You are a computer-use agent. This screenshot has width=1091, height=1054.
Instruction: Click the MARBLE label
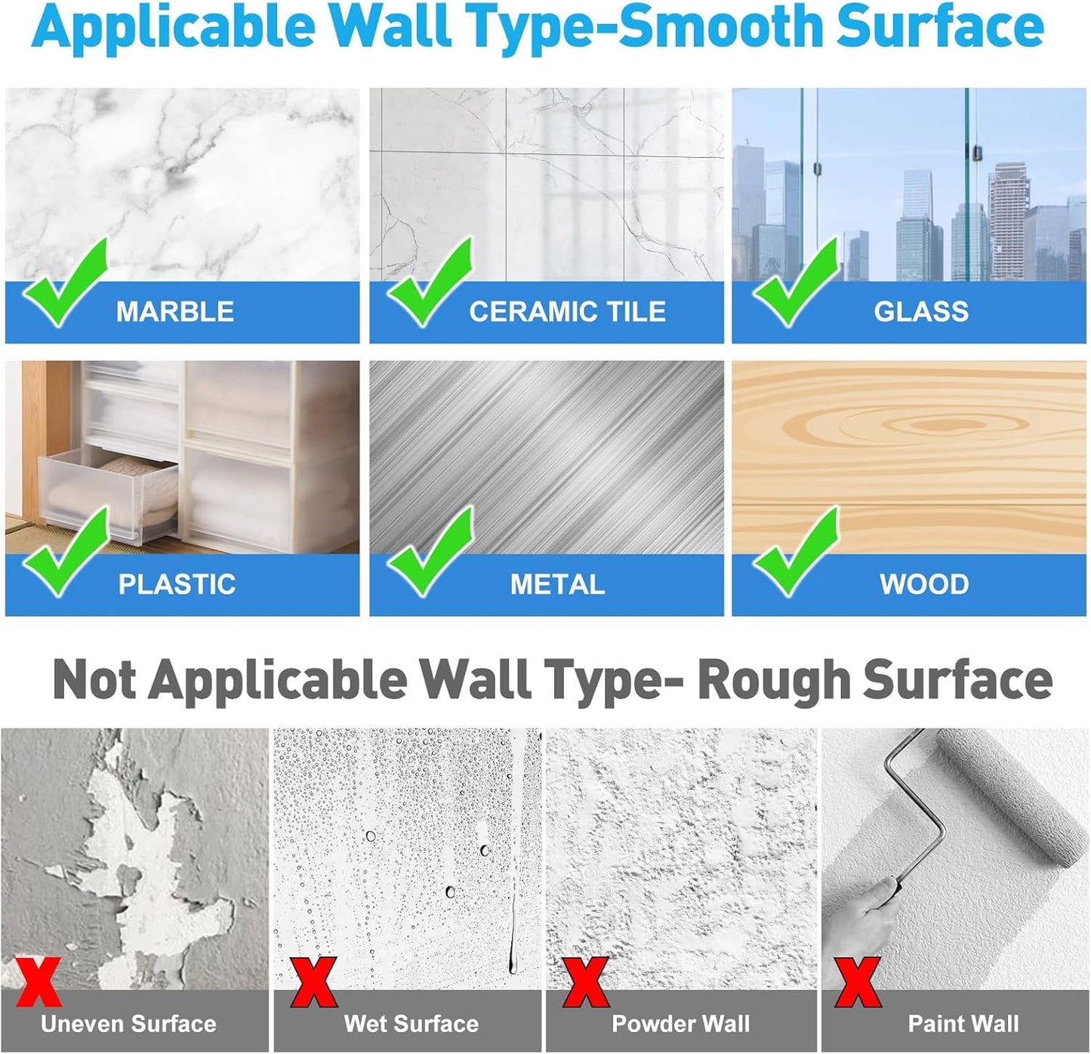[174, 312]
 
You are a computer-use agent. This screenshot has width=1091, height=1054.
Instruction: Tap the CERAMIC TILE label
[567, 312]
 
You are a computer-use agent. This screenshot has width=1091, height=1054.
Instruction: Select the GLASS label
[920, 312]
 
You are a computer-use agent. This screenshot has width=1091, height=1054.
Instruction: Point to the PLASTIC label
[177, 584]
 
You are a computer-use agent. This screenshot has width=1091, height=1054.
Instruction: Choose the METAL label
[557, 584]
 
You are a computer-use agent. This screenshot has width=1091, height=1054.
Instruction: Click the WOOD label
[923, 584]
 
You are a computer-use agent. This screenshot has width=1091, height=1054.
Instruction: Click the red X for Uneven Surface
[38, 982]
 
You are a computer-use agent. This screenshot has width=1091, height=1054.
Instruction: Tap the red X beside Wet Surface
[313, 982]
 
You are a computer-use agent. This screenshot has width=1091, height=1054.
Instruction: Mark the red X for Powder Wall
[586, 982]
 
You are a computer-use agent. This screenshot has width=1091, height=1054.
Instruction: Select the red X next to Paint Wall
[858, 982]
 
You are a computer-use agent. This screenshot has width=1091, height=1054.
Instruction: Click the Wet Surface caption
[411, 1024]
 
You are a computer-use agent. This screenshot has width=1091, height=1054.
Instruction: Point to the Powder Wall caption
[680, 1024]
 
